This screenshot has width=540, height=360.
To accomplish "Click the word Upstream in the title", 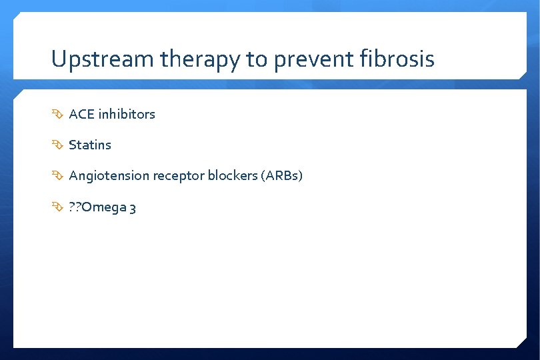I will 103,60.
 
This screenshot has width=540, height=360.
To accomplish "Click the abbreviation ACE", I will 82,114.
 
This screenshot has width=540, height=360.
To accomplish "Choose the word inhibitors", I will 127,114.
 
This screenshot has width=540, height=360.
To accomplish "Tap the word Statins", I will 90,145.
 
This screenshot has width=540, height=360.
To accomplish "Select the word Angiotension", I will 109,176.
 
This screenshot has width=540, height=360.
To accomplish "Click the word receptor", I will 178,176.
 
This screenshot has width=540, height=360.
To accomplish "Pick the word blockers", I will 233,176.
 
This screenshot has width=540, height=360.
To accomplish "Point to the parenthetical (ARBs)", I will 283,176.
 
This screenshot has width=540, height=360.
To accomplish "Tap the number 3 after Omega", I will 133,207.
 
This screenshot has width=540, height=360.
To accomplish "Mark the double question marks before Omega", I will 76,207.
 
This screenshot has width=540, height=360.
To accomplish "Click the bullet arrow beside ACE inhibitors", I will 57,115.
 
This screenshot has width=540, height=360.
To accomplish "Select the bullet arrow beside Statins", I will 57,145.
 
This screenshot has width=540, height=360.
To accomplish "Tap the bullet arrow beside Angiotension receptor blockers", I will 57,177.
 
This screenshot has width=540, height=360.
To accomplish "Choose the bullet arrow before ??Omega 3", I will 57,208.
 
